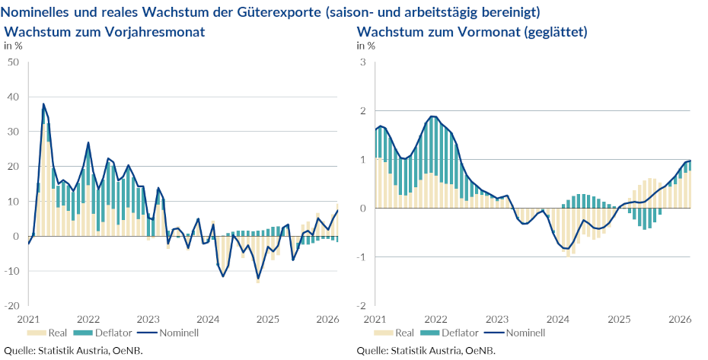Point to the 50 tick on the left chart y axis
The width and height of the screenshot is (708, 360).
click(x=13, y=62)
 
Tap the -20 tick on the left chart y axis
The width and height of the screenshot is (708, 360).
click(x=11, y=306)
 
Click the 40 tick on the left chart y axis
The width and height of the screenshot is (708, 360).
click(x=13, y=97)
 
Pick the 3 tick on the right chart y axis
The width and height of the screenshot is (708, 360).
click(x=363, y=62)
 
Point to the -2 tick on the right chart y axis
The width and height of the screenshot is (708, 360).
click(x=362, y=306)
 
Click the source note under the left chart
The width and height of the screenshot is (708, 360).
click(x=73, y=351)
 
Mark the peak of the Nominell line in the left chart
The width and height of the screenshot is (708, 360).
click(x=43, y=104)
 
